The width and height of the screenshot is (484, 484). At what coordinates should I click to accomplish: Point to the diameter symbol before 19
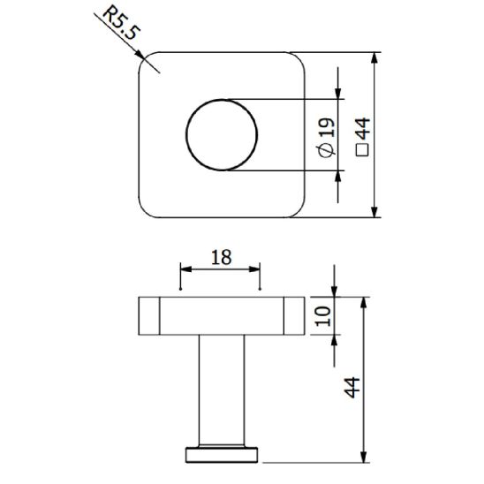tap(326, 150)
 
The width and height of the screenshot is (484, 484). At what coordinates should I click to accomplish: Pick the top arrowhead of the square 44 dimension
tap(375, 58)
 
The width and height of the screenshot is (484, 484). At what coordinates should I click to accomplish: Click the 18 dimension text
tap(221, 256)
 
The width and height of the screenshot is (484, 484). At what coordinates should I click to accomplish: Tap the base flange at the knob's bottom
tap(222, 455)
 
